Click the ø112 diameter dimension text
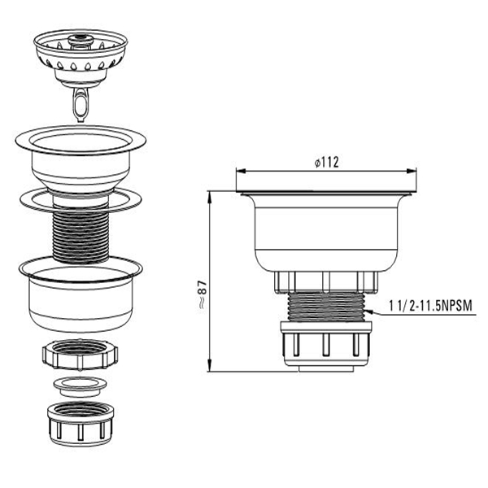[x=326, y=163]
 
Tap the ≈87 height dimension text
[x=203, y=294]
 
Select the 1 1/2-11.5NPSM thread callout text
[x=430, y=306]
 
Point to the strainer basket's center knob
[x=81, y=40]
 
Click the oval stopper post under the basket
[x=80, y=104]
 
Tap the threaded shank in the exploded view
[x=81, y=236]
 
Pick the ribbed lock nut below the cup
[x=81, y=355]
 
